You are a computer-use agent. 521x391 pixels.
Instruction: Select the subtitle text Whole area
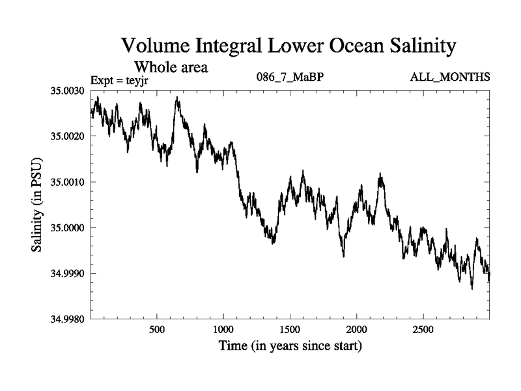[171, 66]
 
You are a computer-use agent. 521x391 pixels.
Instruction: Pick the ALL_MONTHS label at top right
[450, 78]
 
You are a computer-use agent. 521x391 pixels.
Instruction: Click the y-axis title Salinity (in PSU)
[37, 205]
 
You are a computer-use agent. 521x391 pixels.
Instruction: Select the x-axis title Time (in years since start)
[290, 346]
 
